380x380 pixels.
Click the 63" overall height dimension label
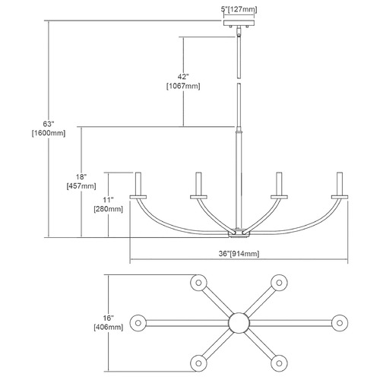click(x=49, y=124)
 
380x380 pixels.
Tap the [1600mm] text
click(x=49, y=133)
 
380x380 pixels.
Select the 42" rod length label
click(x=183, y=77)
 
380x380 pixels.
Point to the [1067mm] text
click(x=183, y=86)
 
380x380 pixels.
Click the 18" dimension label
click(x=81, y=176)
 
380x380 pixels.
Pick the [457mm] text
click(x=81, y=186)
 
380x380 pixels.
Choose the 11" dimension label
click(x=108, y=200)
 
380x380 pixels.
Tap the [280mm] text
click(x=108, y=209)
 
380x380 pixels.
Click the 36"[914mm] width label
click(x=239, y=254)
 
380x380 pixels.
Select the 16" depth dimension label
click(x=108, y=318)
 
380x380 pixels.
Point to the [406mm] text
click(x=109, y=327)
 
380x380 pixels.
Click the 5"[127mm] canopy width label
click(x=239, y=10)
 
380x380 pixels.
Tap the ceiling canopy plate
click(x=239, y=23)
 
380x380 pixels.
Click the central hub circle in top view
click(x=239, y=323)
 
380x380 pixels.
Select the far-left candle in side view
click(x=138, y=184)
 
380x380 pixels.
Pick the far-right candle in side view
click(x=340, y=184)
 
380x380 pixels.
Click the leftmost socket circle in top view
click(x=138, y=323)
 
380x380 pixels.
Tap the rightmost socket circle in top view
click(x=340, y=323)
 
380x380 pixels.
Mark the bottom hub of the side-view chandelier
click(x=239, y=233)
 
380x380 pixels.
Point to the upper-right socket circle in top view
click(x=279, y=283)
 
